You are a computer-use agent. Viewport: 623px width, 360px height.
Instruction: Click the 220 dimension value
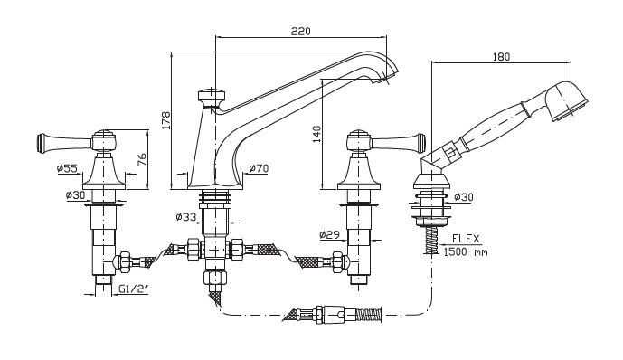coord(301,31)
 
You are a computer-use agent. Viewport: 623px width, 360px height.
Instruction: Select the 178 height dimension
coord(165,120)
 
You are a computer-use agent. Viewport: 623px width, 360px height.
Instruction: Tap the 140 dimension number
coord(316,134)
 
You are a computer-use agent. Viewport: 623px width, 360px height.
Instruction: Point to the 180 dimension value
coord(501,57)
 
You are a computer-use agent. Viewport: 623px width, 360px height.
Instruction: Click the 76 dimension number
coord(142,160)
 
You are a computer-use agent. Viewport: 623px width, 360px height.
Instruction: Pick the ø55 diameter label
coord(67,168)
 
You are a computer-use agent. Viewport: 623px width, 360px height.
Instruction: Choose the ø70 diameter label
coord(259,168)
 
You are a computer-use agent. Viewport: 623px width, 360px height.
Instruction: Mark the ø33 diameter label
coord(186,217)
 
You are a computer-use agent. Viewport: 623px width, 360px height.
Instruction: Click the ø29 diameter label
coord(330,234)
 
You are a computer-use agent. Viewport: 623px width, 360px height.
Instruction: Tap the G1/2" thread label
coord(133,289)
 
